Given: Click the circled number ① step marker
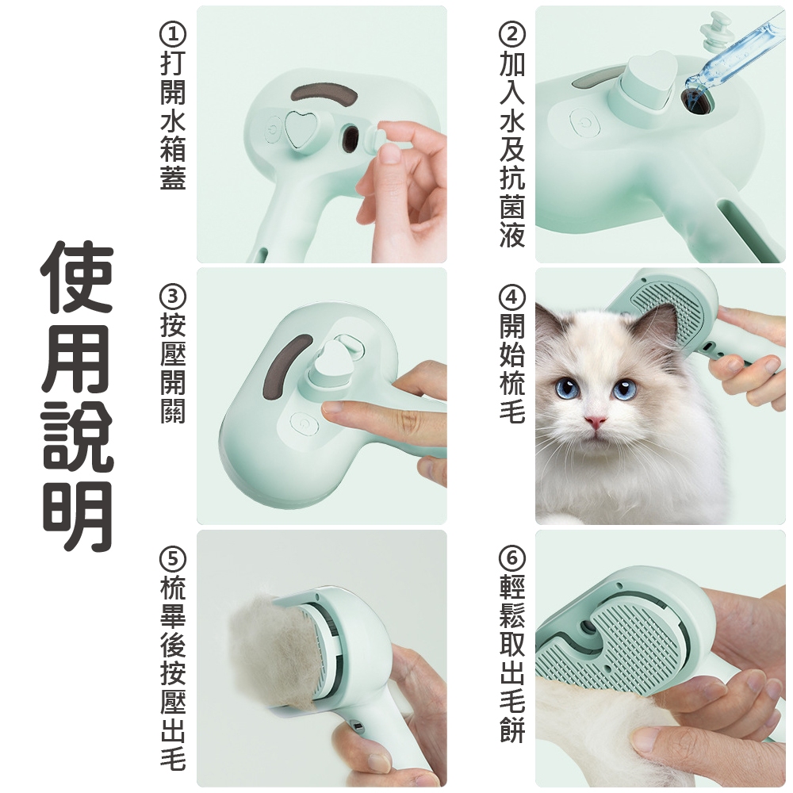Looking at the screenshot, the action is (173, 34).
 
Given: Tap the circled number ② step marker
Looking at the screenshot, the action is (512, 34).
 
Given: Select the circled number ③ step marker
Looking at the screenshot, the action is (173, 297).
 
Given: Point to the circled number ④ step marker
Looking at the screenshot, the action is (512, 297).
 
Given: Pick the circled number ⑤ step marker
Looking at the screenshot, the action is (173, 559).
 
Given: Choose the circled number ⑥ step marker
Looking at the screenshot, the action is (512, 559).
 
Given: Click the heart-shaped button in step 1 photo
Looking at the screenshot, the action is (300, 128).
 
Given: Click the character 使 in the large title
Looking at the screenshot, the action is (77, 277).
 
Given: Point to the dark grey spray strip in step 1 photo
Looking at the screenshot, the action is (324, 94).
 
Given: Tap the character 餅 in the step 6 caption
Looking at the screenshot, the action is (512, 730).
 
